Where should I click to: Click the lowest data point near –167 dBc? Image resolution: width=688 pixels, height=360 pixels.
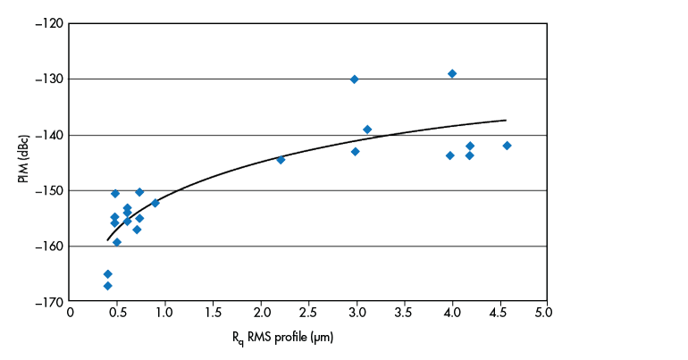[107, 286]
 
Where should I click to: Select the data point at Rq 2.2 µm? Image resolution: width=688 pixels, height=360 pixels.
[281, 160]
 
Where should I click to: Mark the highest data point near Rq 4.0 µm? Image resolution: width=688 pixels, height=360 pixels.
[452, 73]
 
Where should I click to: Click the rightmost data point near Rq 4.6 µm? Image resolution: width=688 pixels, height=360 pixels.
[507, 146]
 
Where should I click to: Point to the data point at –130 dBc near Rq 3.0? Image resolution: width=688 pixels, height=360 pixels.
[354, 80]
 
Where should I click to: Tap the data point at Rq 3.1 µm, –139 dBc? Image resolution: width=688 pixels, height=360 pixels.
[367, 130]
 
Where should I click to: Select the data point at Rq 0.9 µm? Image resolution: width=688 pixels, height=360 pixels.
[155, 203]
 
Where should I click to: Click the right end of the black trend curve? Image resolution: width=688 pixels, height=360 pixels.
[506, 120]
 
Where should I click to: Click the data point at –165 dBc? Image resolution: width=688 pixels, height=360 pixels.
[107, 274]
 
